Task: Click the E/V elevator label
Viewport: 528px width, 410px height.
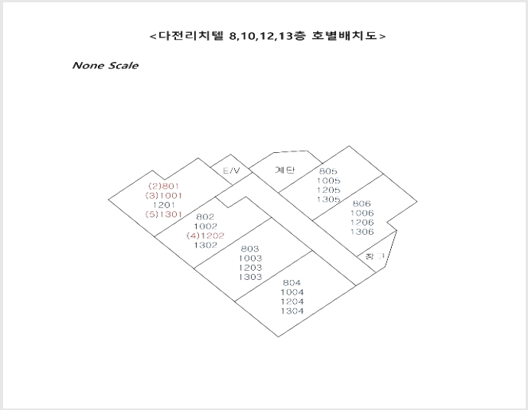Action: (x=232, y=171)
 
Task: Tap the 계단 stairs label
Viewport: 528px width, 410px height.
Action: (x=285, y=170)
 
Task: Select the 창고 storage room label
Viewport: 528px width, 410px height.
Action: (x=374, y=256)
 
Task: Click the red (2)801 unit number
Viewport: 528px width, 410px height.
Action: (x=164, y=186)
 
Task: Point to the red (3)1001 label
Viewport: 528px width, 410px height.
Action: (x=164, y=195)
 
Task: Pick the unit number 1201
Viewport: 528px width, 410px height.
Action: (x=164, y=205)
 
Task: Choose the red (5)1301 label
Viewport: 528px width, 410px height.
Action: (x=164, y=214)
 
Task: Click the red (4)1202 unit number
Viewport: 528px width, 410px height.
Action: (x=205, y=236)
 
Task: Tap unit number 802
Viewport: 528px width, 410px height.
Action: (x=205, y=216)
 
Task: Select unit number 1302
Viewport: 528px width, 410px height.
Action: (x=205, y=245)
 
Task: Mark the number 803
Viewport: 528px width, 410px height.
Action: (x=250, y=249)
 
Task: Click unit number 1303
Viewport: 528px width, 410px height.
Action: (x=250, y=277)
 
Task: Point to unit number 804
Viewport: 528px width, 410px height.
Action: (x=292, y=282)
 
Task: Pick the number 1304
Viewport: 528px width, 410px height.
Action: (x=292, y=311)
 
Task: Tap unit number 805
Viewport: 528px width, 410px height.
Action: (x=328, y=171)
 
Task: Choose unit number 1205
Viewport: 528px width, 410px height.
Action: (x=328, y=190)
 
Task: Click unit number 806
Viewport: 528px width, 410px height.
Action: (x=362, y=203)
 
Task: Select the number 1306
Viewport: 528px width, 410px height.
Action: (x=362, y=232)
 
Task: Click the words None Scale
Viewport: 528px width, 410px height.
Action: (x=105, y=65)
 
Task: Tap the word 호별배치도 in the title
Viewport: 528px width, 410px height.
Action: (x=344, y=35)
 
